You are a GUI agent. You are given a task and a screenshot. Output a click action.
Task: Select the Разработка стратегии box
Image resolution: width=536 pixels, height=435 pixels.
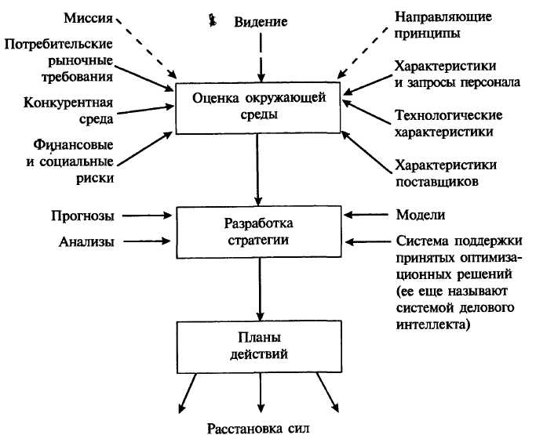pyautogui.click(x=258, y=230)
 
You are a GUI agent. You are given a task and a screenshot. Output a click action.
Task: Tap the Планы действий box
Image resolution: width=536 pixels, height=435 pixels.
pyautogui.click(x=258, y=346)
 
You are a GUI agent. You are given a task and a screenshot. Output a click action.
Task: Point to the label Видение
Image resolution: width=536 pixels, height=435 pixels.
pyautogui.click(x=261, y=21)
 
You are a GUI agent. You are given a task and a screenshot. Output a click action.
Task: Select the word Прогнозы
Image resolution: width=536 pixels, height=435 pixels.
pyautogui.click(x=83, y=215)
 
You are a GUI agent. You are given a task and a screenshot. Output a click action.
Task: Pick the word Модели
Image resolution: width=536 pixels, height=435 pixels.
pyautogui.click(x=422, y=215)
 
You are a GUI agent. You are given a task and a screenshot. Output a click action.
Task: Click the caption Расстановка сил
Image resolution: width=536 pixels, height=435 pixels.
pyautogui.click(x=258, y=427)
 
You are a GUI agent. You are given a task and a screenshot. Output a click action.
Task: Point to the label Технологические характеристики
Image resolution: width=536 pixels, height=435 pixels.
pyautogui.click(x=448, y=124)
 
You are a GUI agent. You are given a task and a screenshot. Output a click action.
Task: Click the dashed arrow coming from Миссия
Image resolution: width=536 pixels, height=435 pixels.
pyautogui.click(x=153, y=50)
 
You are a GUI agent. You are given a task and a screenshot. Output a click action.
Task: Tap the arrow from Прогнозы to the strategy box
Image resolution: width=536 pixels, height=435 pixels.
pyautogui.click(x=148, y=215)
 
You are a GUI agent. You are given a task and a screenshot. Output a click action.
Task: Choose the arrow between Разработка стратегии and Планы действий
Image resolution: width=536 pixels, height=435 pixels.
pyautogui.click(x=258, y=289)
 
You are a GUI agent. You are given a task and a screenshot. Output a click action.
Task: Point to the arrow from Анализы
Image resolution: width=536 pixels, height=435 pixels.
pyautogui.click(x=148, y=242)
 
